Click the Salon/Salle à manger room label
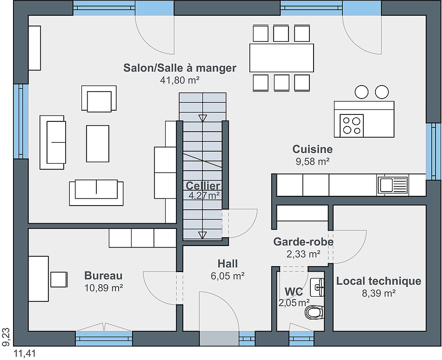pyautogui.click(x=180, y=68)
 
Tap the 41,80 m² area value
pyautogui.click(x=180, y=80)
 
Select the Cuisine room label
pyautogui.click(x=312, y=149)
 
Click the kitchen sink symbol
pyautogui.click(x=392, y=185)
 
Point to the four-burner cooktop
pyautogui.click(x=352, y=126)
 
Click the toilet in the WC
pyautogui.click(x=315, y=312)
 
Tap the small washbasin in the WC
pyautogui.click(x=317, y=287)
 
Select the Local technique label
pyautogui.click(x=379, y=281)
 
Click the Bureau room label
pyautogui.click(x=103, y=275)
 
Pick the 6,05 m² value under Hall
pyautogui.click(x=228, y=276)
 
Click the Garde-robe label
pyautogui.click(x=303, y=242)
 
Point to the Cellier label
pyautogui.click(x=203, y=186)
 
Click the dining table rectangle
pyautogui.click(x=281, y=58)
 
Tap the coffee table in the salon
pyautogui.click(x=98, y=144)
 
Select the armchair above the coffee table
pyautogui.click(x=99, y=99)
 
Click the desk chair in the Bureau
pyautogui.click(x=59, y=280)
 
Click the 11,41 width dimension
pyautogui.click(x=25, y=353)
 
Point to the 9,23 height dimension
pyautogui.click(x=6, y=337)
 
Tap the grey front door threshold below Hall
pyautogui.click(x=219, y=338)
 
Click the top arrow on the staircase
pyautogui.click(x=203, y=118)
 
